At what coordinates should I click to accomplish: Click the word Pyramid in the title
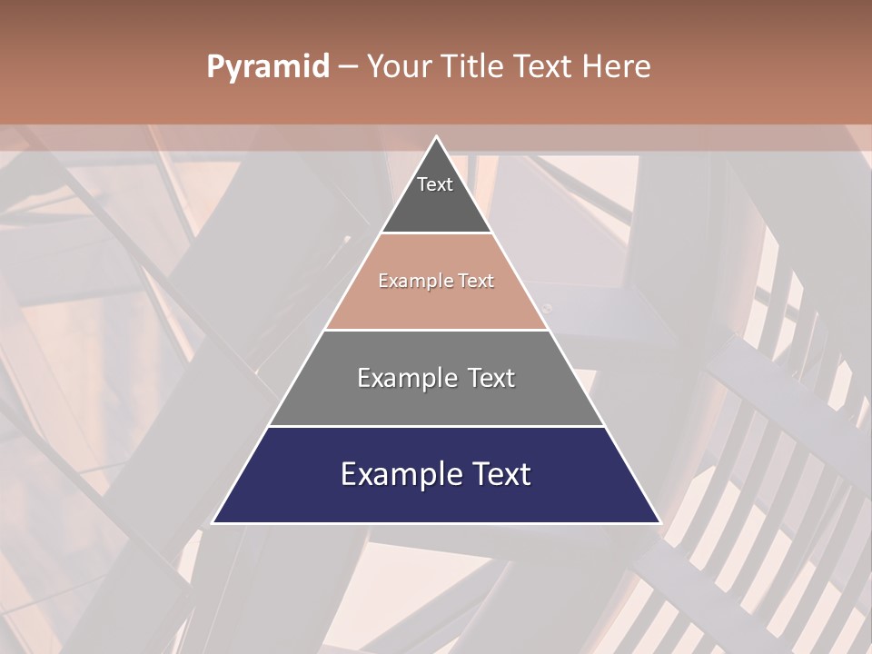click(x=268, y=67)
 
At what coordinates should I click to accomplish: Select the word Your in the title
click(x=401, y=66)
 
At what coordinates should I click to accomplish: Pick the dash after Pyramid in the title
click(x=348, y=67)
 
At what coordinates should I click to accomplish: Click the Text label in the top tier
click(x=435, y=184)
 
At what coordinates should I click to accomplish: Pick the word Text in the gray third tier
click(x=491, y=378)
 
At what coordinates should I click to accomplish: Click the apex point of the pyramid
click(x=436, y=137)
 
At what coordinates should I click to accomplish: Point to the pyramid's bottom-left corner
click(x=213, y=522)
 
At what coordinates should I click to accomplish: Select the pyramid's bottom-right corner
click(x=659, y=522)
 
